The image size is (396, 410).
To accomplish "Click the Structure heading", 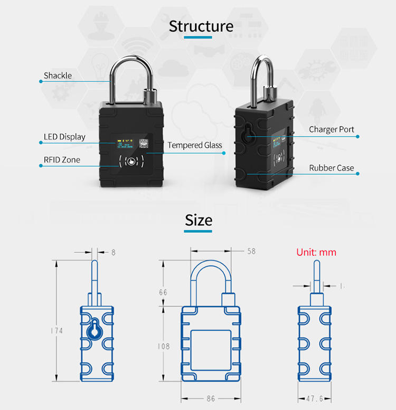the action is [x=201, y=26].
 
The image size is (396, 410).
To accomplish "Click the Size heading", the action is [x=199, y=220].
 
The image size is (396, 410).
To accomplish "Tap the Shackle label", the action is [x=58, y=75].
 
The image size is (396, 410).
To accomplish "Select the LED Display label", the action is [x=64, y=137].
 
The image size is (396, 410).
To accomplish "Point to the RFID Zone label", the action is [x=62, y=160].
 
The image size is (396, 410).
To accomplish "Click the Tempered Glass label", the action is [x=195, y=145].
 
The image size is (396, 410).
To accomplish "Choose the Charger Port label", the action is [x=332, y=129].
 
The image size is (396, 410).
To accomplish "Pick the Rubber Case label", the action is [x=332, y=168].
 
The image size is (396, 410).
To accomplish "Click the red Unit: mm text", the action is [x=316, y=252].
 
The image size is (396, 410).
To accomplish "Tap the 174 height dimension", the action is [x=56, y=330].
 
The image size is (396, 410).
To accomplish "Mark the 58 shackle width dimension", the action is [x=251, y=251].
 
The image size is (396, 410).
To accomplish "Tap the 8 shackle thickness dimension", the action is [x=113, y=252].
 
